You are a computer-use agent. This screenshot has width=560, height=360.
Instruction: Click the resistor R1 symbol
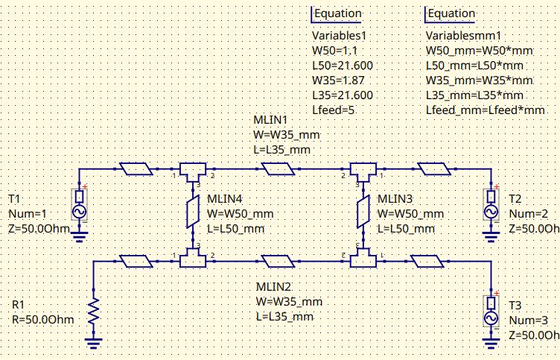coord(94,312)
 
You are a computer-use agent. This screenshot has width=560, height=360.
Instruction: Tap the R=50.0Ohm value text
coord(42,320)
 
